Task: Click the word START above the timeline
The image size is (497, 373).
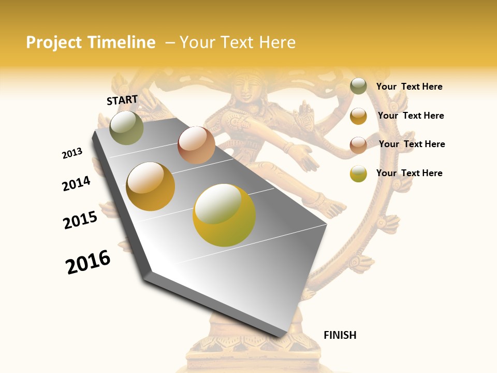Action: [x=122, y=100]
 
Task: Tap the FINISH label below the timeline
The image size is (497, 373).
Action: [x=340, y=335]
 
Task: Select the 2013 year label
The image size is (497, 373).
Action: [x=72, y=153]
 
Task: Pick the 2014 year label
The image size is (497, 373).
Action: [x=76, y=183]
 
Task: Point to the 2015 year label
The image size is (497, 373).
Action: [x=80, y=220]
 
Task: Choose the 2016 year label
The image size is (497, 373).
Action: [x=88, y=262]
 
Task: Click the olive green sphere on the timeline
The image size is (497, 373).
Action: [x=126, y=127]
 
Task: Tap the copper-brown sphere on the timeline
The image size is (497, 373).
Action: [x=196, y=145]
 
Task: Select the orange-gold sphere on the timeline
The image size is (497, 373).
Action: [x=150, y=187]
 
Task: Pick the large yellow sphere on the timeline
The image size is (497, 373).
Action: [x=224, y=215]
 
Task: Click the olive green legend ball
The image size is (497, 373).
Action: [x=358, y=87]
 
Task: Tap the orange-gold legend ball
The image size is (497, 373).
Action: [x=358, y=116]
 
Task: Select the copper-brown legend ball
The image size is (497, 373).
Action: [x=358, y=145]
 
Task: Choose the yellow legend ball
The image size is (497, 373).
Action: [x=358, y=174]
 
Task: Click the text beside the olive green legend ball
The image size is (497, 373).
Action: [x=409, y=87]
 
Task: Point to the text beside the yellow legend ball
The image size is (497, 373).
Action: [x=409, y=173]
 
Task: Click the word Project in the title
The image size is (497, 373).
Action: [x=54, y=42]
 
